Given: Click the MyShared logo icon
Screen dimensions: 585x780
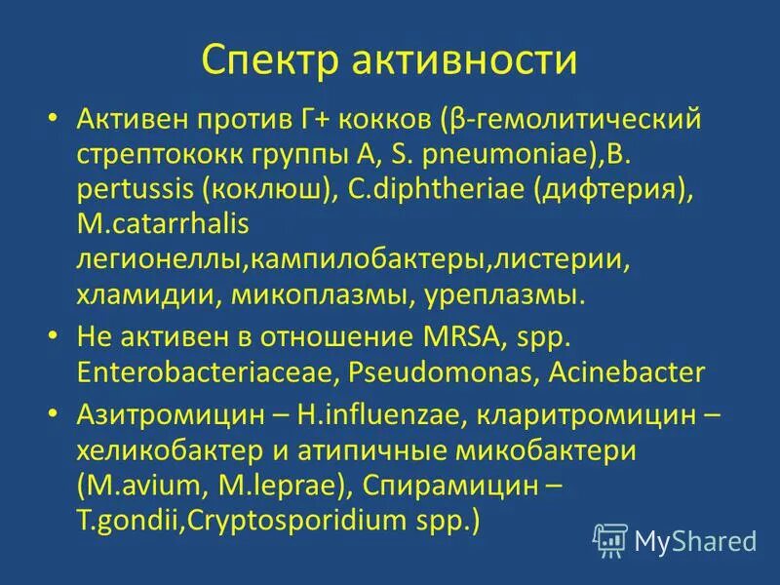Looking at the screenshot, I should [x=609, y=539].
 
